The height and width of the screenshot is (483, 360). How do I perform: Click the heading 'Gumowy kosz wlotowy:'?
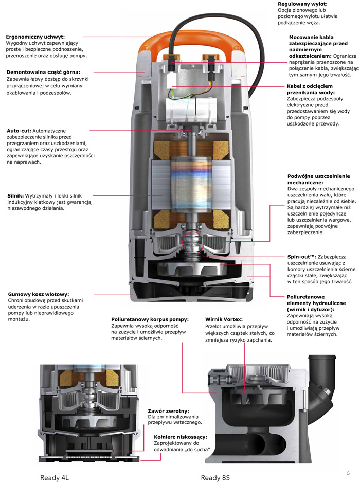(x=41, y=294)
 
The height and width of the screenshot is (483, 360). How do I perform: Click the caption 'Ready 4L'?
(x=55, y=477)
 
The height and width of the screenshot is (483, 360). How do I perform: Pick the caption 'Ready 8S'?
(x=215, y=477)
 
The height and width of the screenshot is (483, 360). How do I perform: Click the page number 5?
(x=348, y=473)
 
